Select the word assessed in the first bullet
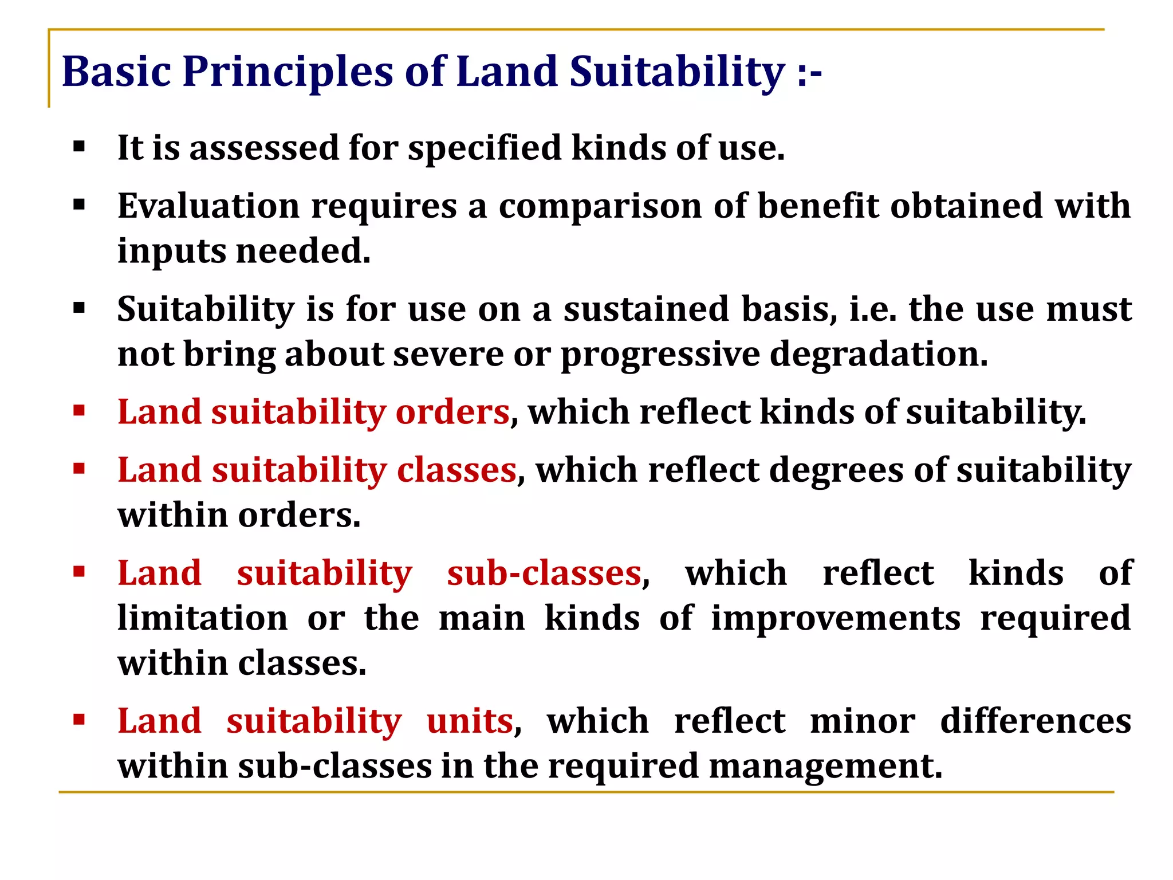[x=265, y=148]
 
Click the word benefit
[x=818, y=206]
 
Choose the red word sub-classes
[x=544, y=573]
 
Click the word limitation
[x=203, y=618]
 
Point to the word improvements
[x=836, y=619]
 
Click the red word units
[x=470, y=721]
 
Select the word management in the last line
[x=825, y=767]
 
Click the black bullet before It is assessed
[x=79, y=147]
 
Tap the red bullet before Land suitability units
[x=79, y=720]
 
